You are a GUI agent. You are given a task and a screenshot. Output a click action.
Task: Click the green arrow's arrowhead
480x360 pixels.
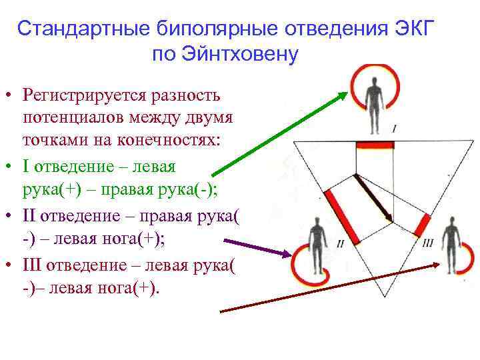(345, 94)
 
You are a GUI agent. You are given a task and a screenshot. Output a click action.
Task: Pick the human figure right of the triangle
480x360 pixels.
(454, 239)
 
